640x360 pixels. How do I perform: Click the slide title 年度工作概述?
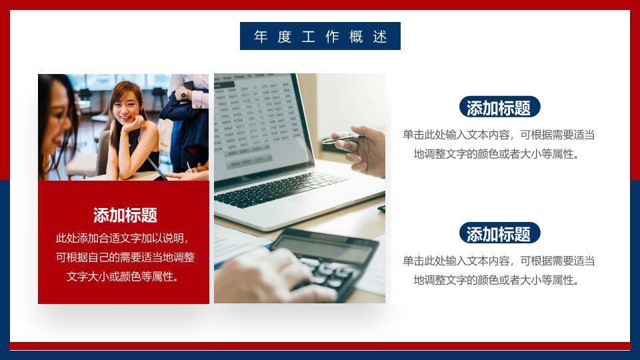click(320, 36)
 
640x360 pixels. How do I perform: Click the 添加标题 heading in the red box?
click(125, 215)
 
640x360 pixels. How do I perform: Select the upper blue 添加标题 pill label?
click(499, 107)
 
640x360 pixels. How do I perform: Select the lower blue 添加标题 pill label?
click(499, 234)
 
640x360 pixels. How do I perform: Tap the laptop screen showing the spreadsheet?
click(257, 120)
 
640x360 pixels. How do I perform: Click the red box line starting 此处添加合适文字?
click(124, 238)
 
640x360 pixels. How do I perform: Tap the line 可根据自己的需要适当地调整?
click(124, 257)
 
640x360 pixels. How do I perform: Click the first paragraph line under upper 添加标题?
click(499, 135)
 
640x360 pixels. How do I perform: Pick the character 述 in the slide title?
click(380, 37)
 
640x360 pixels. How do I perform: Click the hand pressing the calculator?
click(267, 277)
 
